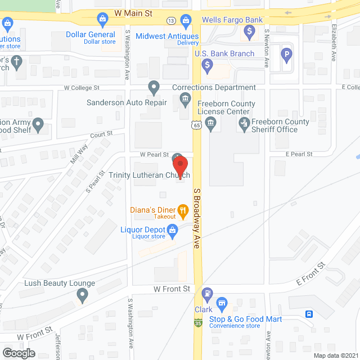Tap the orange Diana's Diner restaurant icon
pyautogui.click(x=182, y=211)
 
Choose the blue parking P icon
pyautogui.click(x=287, y=55)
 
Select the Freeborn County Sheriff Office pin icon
pyautogui.click(x=244, y=125)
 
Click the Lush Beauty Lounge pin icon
pyautogui.click(x=83, y=294)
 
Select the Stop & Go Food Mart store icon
pyautogui.click(x=222, y=305)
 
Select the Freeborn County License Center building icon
pyautogui.click(x=211, y=126)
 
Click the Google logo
pyautogui.click(x=19, y=353)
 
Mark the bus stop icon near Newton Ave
pyautogui.click(x=309, y=314)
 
